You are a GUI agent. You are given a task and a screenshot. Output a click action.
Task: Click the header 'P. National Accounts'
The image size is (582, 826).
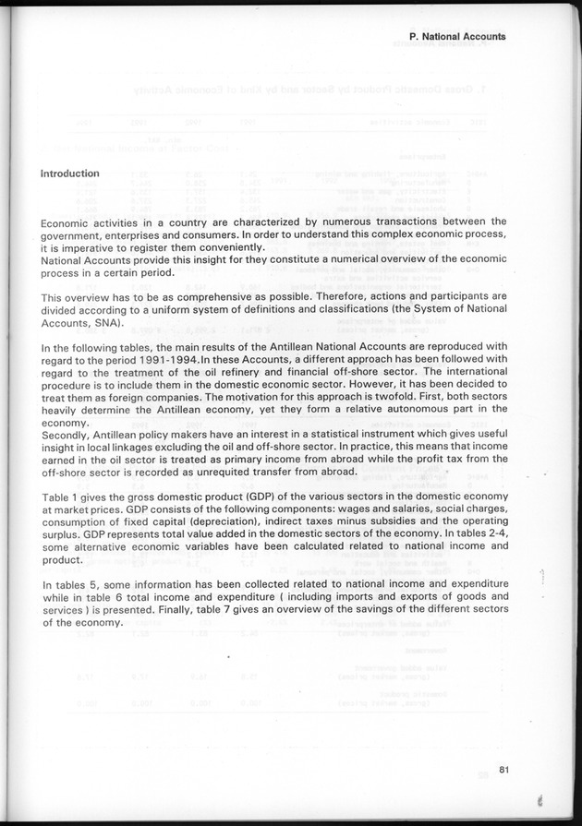click(456, 37)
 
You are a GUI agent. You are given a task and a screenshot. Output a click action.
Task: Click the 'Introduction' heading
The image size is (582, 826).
click(70, 174)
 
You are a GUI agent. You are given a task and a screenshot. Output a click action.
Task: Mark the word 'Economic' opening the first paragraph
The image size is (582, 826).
click(68, 221)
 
